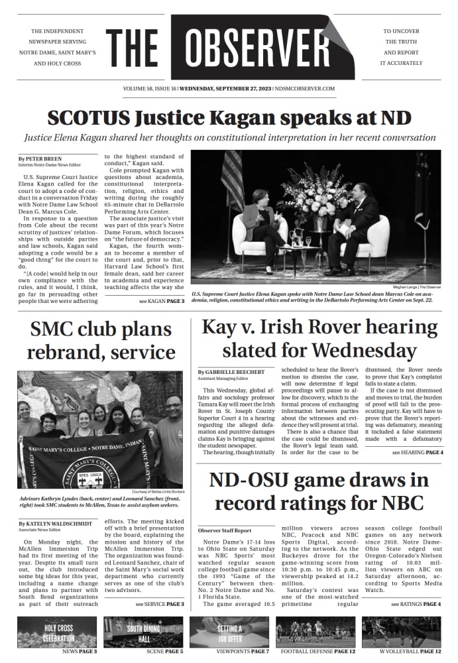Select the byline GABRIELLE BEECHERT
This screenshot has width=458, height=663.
231,373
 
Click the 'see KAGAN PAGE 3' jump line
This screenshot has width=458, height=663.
162,301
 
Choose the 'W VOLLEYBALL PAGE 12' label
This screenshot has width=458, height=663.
408,652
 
